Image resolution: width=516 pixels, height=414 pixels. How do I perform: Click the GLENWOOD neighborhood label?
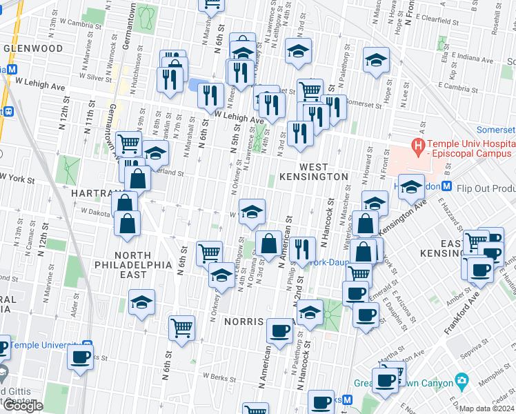coord(32,48)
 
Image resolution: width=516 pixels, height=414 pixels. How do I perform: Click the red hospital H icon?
coord(417,146)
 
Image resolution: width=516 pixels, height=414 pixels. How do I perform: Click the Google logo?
coord(23,406)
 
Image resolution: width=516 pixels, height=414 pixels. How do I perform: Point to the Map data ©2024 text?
coord(486,408)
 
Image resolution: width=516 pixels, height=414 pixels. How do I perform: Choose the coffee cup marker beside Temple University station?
coord(80,359)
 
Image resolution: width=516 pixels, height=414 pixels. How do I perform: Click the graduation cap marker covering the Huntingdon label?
coord(411,186)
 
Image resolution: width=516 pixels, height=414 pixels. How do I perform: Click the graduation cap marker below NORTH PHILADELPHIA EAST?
coord(141,302)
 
